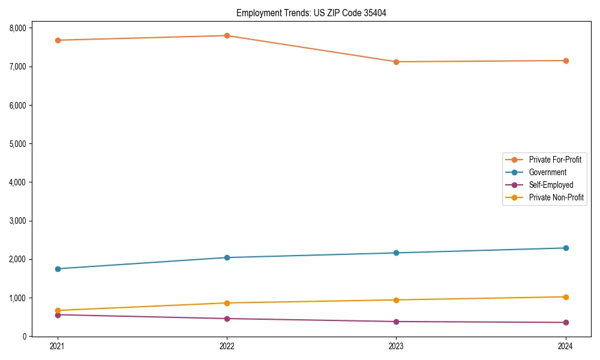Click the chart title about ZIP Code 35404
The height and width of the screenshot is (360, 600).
(307, 13)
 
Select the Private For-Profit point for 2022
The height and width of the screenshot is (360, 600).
(227, 35)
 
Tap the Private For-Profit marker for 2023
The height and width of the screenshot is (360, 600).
(396, 62)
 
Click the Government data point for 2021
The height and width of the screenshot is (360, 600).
(58, 269)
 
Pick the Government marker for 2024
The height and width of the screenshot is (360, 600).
(566, 248)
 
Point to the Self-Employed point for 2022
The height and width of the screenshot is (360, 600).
(227, 319)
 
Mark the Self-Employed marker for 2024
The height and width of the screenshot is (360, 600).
(566, 322)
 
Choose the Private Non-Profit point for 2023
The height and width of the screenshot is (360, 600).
(396, 300)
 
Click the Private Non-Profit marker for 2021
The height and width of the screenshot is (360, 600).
(58, 310)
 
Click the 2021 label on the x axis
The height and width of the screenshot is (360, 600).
(58, 346)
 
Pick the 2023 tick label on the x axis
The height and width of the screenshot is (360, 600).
(396, 346)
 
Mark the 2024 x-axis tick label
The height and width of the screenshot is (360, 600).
(566, 346)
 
